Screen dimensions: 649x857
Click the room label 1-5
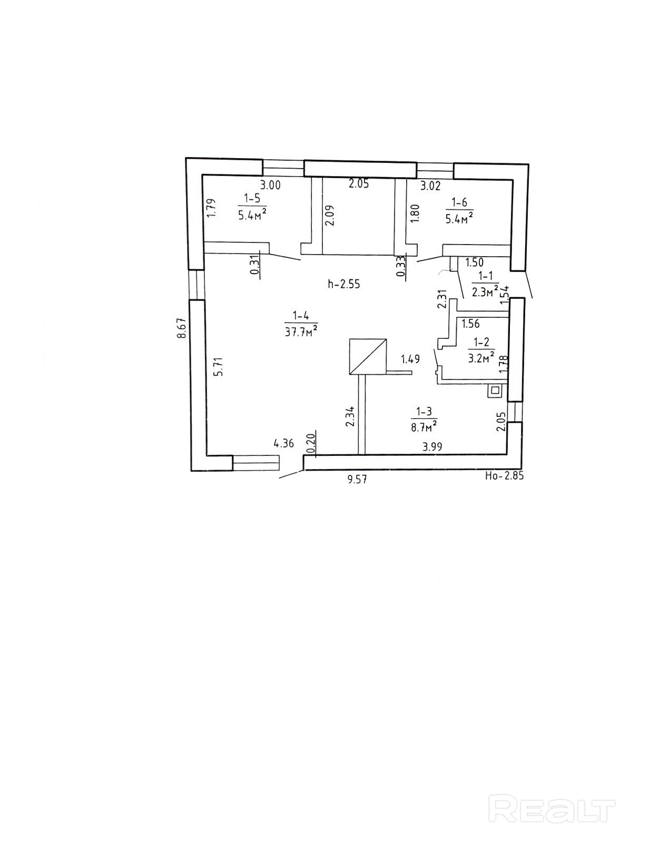(252, 198)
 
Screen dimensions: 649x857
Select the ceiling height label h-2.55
(343, 284)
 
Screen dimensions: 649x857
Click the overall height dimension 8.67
(182, 328)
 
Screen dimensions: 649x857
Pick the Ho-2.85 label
(504, 475)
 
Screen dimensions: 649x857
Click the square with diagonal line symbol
(368, 356)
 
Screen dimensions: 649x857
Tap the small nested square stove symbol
(495, 391)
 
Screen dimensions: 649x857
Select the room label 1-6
(459, 202)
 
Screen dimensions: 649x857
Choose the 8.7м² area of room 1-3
(424, 425)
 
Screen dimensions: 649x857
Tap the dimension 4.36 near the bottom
(283, 443)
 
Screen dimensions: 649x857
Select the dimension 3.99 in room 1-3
(432, 447)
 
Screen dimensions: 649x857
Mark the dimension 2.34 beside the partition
(350, 417)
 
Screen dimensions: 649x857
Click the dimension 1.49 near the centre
(410, 359)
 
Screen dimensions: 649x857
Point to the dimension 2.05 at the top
(359, 184)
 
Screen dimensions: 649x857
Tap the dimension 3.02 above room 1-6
(430, 186)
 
